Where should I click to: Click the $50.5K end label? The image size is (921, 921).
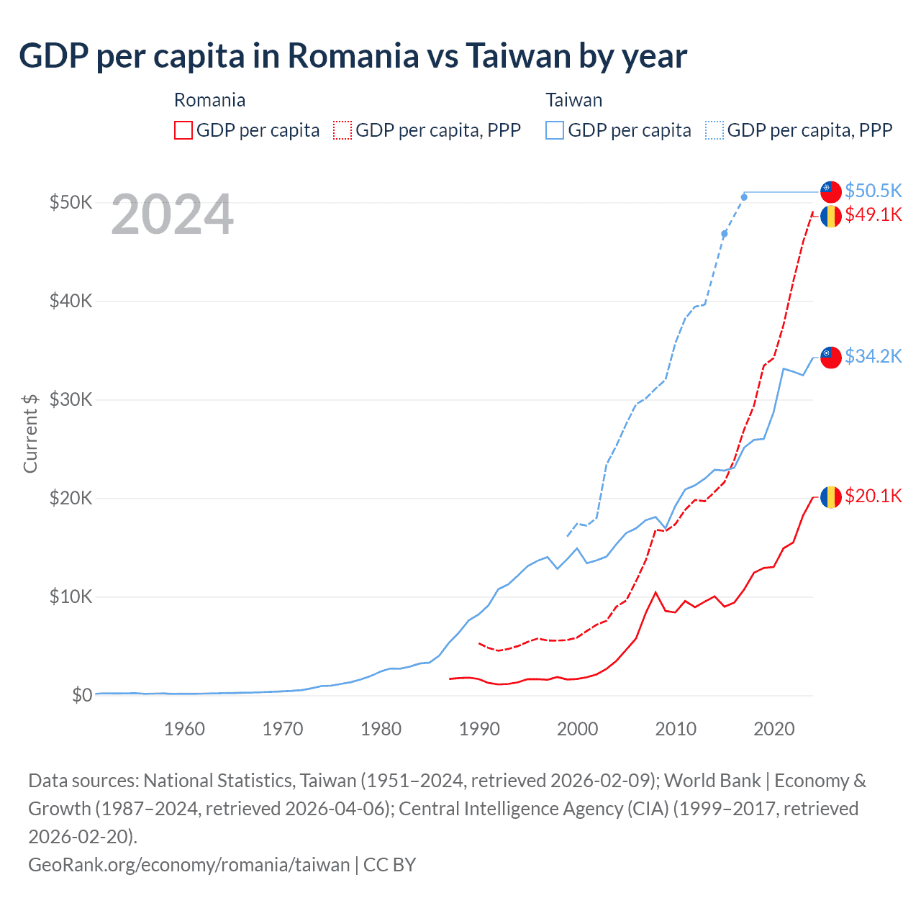pos(873,191)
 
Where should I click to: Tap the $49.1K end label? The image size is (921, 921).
pos(873,214)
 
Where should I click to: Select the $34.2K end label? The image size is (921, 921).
pos(873,356)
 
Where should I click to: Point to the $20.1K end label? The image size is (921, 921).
pos(873,496)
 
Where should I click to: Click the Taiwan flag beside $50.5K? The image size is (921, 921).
pos(831,191)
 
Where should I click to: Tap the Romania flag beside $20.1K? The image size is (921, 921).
pos(831,497)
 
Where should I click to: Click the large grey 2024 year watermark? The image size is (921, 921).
pos(172,214)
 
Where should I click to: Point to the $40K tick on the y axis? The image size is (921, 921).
pos(71,301)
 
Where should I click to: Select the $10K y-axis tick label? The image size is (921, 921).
pos(71,596)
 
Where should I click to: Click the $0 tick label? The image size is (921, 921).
pos(81,695)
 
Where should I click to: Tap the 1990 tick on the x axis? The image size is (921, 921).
pos(479,729)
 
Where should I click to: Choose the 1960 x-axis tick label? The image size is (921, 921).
pos(184,729)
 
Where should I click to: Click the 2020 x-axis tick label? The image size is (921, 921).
pos(773,729)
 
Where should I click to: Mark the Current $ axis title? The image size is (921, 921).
pos(30,433)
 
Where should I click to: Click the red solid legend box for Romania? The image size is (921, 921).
pos(183,130)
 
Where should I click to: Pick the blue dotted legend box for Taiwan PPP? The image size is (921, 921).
pos(714,130)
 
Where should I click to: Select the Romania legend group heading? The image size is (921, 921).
pos(209,100)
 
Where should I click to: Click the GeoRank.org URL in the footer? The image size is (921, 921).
pos(189,864)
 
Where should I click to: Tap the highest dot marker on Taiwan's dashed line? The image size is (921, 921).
pos(744,197)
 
